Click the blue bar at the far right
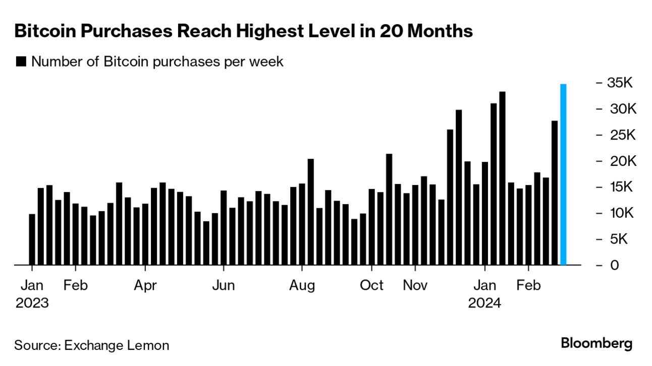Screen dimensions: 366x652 pyautogui.click(x=563, y=174)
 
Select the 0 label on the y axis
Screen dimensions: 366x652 pyautogui.click(x=614, y=265)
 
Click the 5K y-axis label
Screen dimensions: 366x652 pyautogui.click(x=616, y=239)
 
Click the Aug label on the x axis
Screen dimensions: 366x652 pyautogui.click(x=302, y=285)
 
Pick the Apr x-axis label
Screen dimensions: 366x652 pyautogui.click(x=145, y=285)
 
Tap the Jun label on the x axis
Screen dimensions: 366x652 pyautogui.click(x=223, y=285)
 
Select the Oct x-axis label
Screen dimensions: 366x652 pyautogui.click(x=372, y=285)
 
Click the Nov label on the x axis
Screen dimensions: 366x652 pyautogui.click(x=415, y=285)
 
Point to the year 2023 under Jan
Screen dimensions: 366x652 pyautogui.click(x=32, y=304)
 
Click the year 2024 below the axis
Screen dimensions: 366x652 pyautogui.click(x=484, y=304)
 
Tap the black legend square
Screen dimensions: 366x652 pyautogui.click(x=21, y=62)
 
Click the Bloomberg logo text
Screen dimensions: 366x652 pyautogui.click(x=596, y=344)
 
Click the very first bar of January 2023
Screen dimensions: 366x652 pyautogui.click(x=32, y=239)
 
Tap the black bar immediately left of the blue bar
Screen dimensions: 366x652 pyautogui.click(x=555, y=193)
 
